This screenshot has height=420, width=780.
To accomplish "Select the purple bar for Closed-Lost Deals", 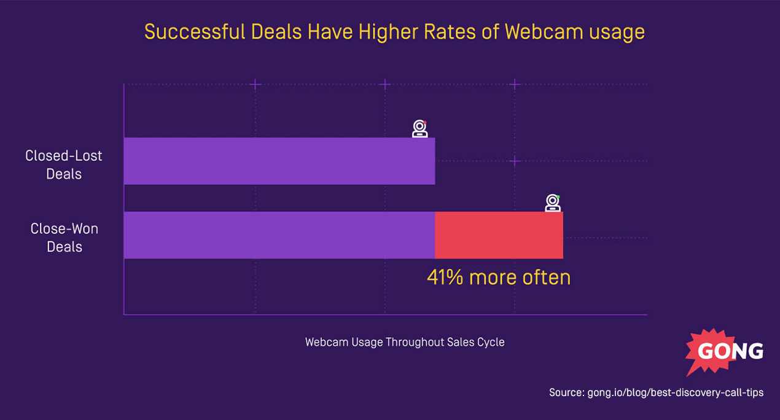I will pyautogui.click(x=279, y=161).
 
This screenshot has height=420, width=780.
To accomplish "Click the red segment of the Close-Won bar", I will pyautogui.click(x=499, y=235).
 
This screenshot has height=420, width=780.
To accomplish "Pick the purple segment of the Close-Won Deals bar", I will pyautogui.click(x=279, y=235).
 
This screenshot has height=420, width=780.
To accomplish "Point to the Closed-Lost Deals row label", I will pyautogui.click(x=64, y=165).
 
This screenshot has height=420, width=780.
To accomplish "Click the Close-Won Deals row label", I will pyautogui.click(x=64, y=238).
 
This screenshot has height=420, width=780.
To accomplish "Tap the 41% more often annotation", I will pyautogui.click(x=499, y=278).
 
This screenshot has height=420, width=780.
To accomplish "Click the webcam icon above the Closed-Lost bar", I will pyautogui.click(x=419, y=128).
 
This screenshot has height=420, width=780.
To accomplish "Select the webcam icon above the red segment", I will pyautogui.click(x=553, y=203).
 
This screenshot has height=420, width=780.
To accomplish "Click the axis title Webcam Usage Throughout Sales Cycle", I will pyautogui.click(x=405, y=342).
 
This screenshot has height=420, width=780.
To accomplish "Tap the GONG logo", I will pyautogui.click(x=725, y=352).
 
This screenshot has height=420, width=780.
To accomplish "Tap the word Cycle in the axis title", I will pyautogui.click(x=491, y=342).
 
